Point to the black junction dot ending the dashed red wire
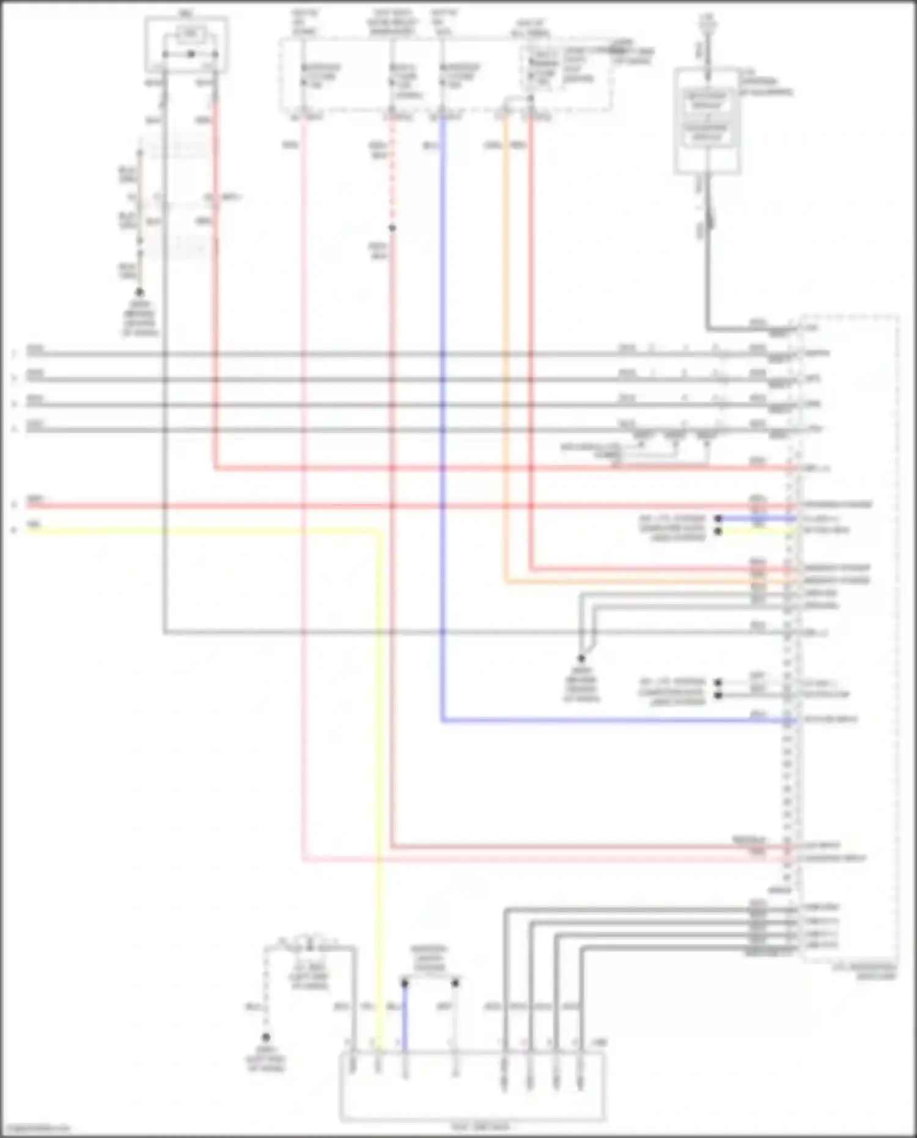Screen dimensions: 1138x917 pyautogui.click(x=392, y=228)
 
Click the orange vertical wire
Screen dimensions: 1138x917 pyautogui.click(x=506, y=342)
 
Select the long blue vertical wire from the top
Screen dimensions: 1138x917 pyautogui.click(x=442, y=428)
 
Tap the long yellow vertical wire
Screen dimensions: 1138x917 pyautogui.click(x=378, y=795)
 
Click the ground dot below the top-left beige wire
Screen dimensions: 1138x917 pyautogui.click(x=139, y=293)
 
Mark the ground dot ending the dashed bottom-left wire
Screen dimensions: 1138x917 pyautogui.click(x=266, y=1038)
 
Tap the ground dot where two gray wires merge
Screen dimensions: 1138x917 pyautogui.click(x=581, y=659)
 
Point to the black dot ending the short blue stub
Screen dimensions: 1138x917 pyautogui.click(x=718, y=519)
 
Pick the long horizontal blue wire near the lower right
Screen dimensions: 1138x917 pyautogui.click(x=611, y=721)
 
